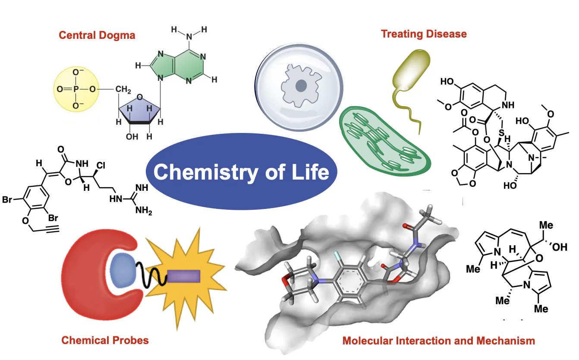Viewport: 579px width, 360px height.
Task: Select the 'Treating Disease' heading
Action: coord(423,34)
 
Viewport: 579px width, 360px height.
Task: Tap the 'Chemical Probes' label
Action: coord(105,340)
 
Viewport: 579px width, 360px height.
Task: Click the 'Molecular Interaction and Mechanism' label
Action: coord(438,341)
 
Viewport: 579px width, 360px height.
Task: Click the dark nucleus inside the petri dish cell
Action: coord(301,87)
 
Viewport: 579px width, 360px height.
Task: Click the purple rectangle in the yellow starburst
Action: coord(183,276)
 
